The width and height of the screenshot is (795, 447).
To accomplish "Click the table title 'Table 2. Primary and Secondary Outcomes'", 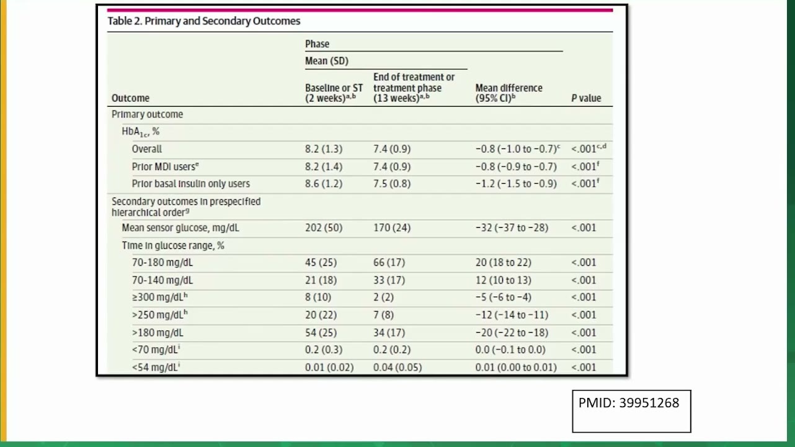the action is (x=204, y=21).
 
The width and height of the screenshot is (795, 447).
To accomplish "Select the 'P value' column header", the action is (x=586, y=98).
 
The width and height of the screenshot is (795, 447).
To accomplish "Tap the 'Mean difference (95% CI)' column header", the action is (x=509, y=93).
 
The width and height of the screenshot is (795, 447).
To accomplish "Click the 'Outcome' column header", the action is (x=130, y=98).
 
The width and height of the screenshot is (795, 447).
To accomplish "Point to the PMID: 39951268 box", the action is (x=631, y=411).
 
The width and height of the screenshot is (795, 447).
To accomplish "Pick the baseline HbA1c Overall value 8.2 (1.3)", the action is (x=324, y=149).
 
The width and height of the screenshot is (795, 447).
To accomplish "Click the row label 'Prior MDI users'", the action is (x=166, y=166).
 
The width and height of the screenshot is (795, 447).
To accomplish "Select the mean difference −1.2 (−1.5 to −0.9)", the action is (x=516, y=184).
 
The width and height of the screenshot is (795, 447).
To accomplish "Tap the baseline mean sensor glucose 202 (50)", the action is (x=324, y=228).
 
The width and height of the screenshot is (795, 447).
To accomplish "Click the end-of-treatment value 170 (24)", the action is (x=392, y=228).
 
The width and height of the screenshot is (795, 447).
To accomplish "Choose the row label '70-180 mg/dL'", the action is (x=162, y=263).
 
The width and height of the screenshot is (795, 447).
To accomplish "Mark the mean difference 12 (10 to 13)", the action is (x=504, y=281).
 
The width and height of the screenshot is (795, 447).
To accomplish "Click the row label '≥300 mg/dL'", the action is (x=160, y=297).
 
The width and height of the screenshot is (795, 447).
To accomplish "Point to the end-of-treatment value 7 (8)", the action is (x=383, y=315).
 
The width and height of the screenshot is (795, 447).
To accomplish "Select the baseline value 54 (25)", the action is (x=321, y=333).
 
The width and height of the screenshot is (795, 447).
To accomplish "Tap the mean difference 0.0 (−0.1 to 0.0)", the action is (x=510, y=350).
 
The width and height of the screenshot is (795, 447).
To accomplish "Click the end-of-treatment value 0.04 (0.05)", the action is (x=397, y=368).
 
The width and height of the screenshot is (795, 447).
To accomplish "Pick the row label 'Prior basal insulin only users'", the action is (x=191, y=184).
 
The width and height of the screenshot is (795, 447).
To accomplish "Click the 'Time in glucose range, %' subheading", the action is (x=173, y=245).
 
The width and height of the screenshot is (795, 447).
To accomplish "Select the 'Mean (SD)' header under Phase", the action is (x=327, y=61).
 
